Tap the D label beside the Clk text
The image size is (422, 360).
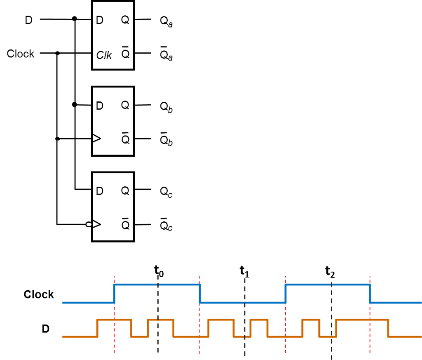click(x=99, y=20)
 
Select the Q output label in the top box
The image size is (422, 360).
click(x=125, y=20)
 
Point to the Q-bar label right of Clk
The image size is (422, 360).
click(x=125, y=54)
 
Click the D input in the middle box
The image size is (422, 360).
click(x=99, y=106)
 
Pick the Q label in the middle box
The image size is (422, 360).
click(x=125, y=105)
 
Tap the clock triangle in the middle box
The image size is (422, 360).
click(x=97, y=138)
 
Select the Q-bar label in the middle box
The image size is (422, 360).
click(x=125, y=139)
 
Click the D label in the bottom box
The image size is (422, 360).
click(x=99, y=191)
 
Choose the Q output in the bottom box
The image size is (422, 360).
click(x=125, y=191)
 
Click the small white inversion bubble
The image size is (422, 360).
click(x=89, y=224)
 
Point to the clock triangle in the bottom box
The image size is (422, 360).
click(x=97, y=224)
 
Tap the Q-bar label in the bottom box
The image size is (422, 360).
click(x=125, y=225)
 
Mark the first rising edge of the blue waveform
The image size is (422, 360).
click(x=114, y=293)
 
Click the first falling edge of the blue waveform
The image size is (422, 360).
click(x=200, y=293)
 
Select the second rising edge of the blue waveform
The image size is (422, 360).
click(x=285, y=293)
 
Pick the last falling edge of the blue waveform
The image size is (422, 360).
click(x=370, y=293)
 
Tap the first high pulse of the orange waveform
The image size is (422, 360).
click(x=114, y=320)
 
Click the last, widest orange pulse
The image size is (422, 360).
click(x=362, y=320)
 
